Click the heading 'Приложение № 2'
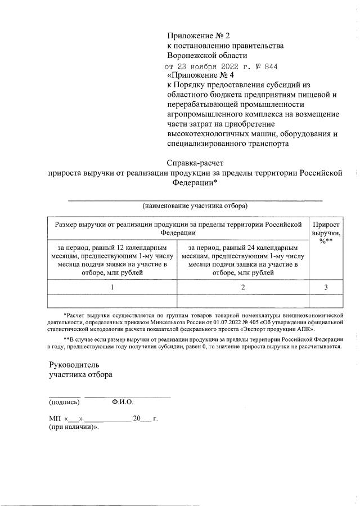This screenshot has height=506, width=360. tap(199, 35)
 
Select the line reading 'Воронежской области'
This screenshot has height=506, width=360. tap(207, 55)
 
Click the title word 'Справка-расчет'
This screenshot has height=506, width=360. tap(194, 163)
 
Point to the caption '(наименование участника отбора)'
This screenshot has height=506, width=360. tap(195, 205)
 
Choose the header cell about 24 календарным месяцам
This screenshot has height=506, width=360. tap(242, 260)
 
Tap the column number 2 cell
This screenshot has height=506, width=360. tap(242, 287)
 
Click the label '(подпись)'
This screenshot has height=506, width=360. tap(64, 402)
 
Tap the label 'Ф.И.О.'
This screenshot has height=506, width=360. tap(123, 402)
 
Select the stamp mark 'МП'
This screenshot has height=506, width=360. tap(55, 419)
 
